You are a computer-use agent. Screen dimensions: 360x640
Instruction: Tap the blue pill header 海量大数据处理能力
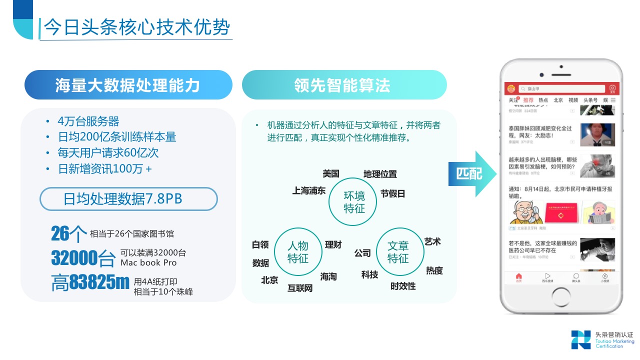128,85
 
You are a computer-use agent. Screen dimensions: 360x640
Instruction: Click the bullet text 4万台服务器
88,121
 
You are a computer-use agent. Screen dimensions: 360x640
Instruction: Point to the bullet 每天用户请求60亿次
108,153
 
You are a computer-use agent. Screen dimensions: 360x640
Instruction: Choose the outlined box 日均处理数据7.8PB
128,199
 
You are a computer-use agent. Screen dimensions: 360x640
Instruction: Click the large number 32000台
83,258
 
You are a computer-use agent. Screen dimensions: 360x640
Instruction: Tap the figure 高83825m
90,283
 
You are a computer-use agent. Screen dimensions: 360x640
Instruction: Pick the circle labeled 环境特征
354,201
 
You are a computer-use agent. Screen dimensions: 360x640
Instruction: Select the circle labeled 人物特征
298,252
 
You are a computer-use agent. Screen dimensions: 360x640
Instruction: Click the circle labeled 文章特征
398,252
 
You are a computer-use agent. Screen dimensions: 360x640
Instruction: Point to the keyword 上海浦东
309,190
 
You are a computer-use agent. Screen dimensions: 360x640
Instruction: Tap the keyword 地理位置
380,174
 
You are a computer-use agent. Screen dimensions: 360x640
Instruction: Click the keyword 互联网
300,288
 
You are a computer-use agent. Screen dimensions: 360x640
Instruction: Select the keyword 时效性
403,286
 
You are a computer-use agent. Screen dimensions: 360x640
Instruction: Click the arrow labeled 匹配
472,173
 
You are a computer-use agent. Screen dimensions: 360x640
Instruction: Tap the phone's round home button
561,298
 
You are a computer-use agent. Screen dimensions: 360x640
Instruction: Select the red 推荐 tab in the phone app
528,100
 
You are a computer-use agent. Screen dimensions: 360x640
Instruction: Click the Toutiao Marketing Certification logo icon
581,339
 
